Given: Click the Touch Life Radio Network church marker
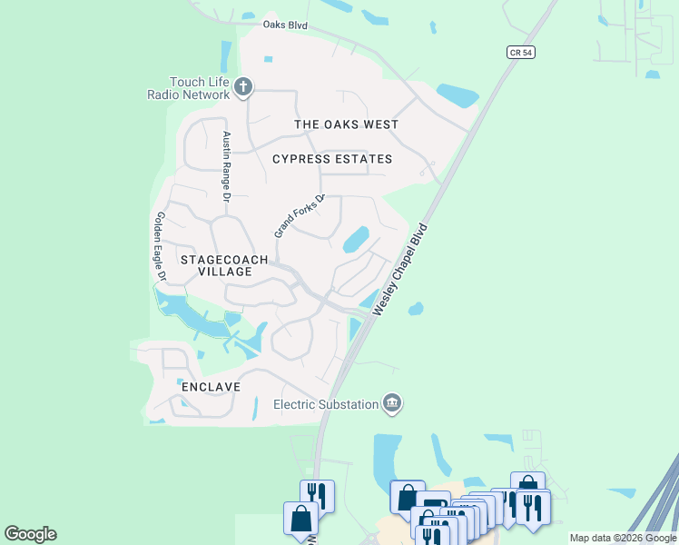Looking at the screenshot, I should tap(242, 87).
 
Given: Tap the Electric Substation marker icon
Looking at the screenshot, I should tap(392, 403).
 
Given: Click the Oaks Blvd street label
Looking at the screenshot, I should tap(286, 25).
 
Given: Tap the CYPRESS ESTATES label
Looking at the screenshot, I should tap(332, 159).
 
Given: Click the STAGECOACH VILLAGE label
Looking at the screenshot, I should tap(224, 265).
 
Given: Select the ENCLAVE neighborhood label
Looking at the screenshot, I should tap(211, 387).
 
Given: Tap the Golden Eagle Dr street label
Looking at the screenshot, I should tap(161, 245).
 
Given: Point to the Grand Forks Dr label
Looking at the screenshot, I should tap(300, 216).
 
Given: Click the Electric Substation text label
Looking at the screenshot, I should tap(326, 404).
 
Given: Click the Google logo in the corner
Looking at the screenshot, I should tap(30, 534).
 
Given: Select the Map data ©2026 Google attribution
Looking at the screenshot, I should tap(622, 538).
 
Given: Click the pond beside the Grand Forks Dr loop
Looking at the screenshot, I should tap(355, 239).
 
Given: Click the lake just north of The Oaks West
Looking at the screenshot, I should tap(457, 94).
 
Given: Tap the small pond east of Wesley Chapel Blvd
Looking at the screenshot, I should tap(415, 309).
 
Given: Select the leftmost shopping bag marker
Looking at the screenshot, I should tap(300, 518).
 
